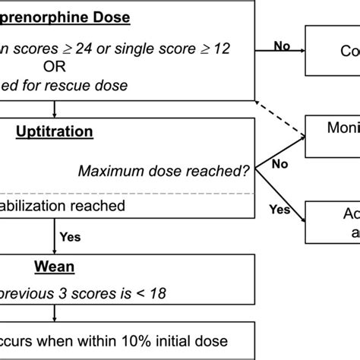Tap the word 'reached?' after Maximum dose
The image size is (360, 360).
tap(223, 172)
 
